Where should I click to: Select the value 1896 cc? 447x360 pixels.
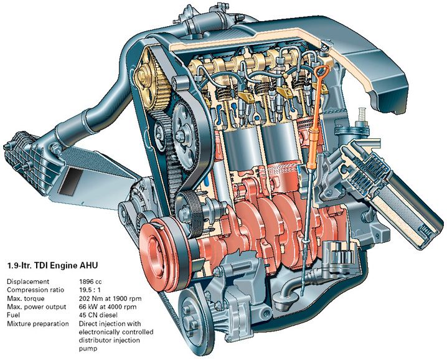pos(90,282)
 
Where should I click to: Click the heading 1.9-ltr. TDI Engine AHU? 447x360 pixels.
pos(52,265)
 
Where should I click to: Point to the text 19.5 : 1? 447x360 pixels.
pos(90,290)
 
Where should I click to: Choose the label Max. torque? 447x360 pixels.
pos(26,299)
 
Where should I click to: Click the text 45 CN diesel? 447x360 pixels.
pos(98,315)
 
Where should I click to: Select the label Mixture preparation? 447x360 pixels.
pos(38,324)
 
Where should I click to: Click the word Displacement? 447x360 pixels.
pos(28,282)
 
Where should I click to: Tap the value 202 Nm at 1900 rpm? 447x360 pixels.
pos(110,299)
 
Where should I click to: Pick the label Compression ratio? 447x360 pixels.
pos(35,290)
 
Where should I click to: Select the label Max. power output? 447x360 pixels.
pos(37,307)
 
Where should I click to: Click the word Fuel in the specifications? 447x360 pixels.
pos(12,315)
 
